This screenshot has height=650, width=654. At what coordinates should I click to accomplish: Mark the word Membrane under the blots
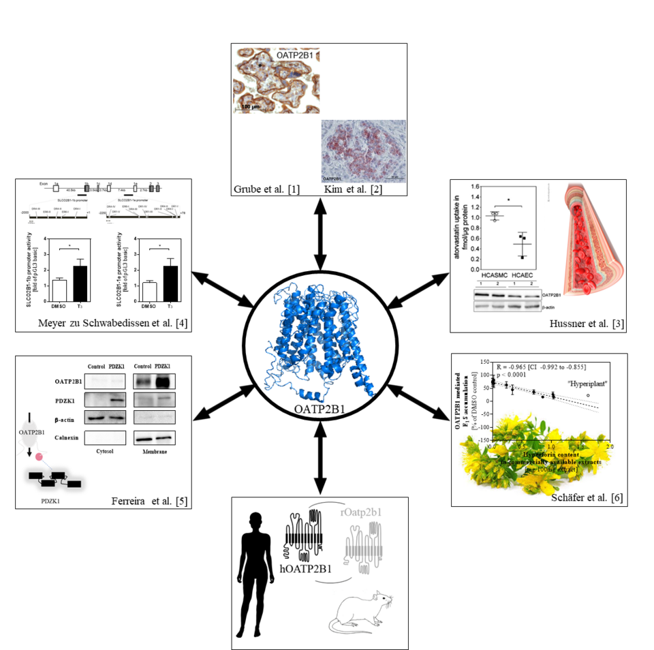[x=153, y=451]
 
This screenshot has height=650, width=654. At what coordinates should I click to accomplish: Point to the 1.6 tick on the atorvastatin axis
[x=467, y=186]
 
